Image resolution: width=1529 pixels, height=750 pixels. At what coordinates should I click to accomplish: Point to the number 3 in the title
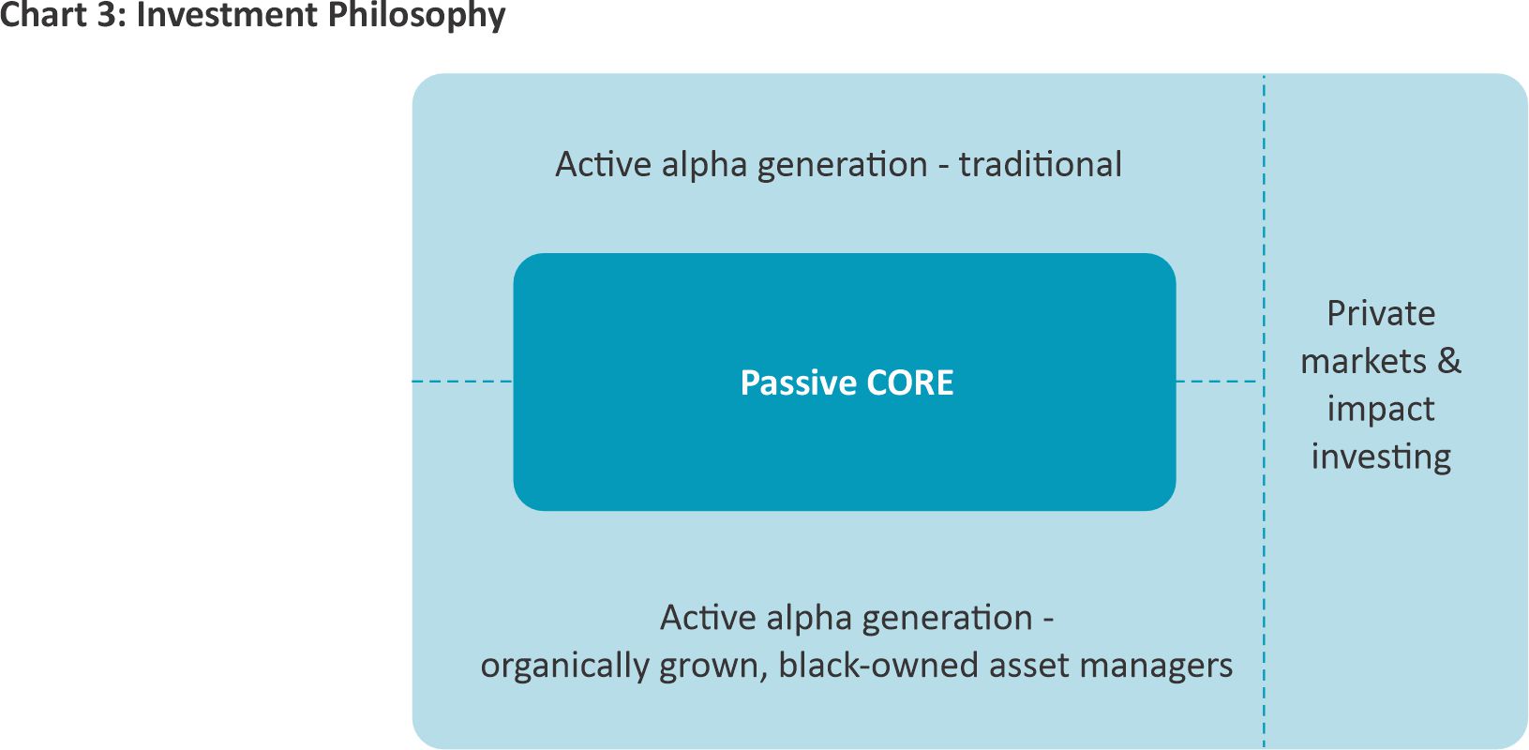(108, 14)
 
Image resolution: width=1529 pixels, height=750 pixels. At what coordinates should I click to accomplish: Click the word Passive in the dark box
(797, 382)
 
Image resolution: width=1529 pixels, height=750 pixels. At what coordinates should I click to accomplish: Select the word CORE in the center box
(910, 382)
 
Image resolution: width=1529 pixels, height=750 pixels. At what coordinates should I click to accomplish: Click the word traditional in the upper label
(1041, 164)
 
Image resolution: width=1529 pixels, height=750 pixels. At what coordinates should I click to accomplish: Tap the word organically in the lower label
(565, 666)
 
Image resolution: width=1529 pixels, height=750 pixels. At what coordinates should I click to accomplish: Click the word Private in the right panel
(1381, 314)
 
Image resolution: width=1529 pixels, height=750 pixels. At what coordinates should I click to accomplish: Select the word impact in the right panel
(1381, 410)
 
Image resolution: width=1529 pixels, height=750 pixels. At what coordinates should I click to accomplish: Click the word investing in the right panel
(1381, 457)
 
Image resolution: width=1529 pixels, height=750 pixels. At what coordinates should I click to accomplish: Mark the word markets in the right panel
(1363, 361)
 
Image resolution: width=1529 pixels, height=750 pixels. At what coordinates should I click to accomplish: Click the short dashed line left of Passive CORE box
(462, 381)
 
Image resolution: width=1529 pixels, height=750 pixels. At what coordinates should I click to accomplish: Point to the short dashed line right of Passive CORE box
(1216, 381)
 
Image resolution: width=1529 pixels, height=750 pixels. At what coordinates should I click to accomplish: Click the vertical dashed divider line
(1264, 411)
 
